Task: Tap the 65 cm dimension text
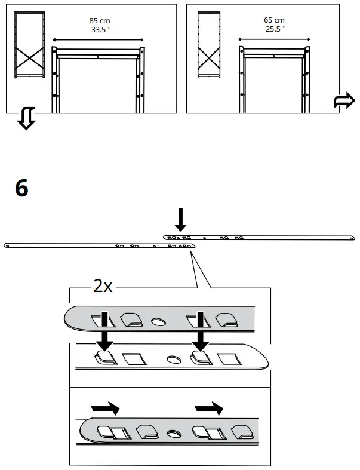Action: [x=274, y=20]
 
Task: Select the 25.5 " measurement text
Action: [x=274, y=29]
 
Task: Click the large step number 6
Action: [x=21, y=189]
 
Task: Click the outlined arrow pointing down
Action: [x=25, y=119]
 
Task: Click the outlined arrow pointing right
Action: [x=344, y=102]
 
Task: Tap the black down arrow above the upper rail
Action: [x=181, y=220]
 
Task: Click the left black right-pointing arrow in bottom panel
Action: [x=105, y=409]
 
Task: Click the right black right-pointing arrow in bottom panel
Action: [x=209, y=409]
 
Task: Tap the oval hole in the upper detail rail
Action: [x=159, y=322]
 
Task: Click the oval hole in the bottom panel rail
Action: [x=174, y=432]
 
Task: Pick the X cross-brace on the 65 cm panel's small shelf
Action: [x=208, y=59]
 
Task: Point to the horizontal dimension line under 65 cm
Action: [x=275, y=38]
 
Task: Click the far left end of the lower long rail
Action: [x=7, y=245]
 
